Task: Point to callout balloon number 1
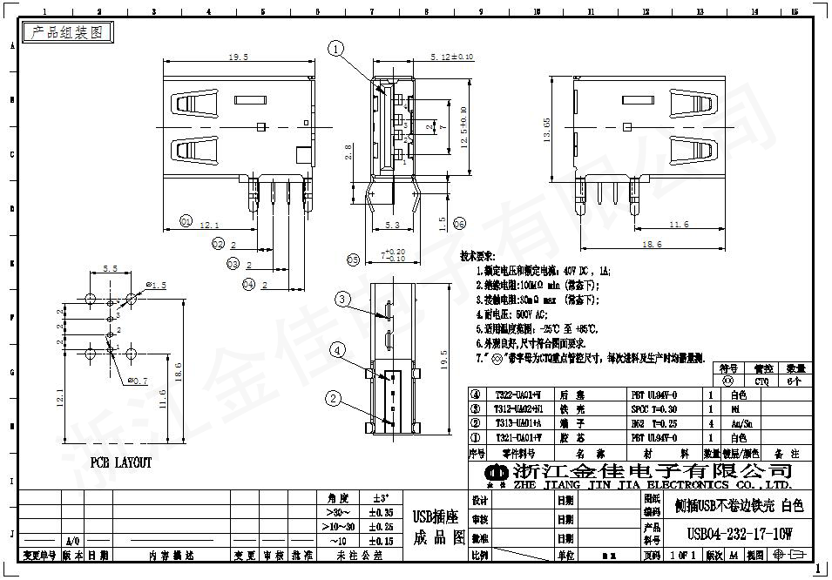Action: click(x=337, y=49)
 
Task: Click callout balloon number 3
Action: click(x=343, y=299)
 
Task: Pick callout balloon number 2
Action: click(x=333, y=399)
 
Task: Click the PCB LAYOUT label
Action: click(x=121, y=462)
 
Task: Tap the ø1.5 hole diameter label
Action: click(x=156, y=285)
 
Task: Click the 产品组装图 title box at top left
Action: click(x=67, y=32)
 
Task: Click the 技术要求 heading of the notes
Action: click(x=477, y=257)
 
